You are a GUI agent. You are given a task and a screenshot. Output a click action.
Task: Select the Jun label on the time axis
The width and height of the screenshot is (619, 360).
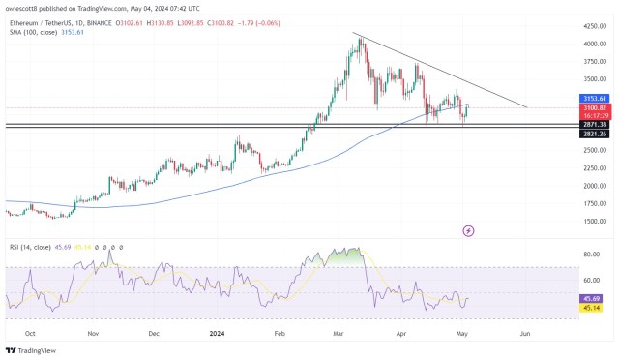click(525, 331)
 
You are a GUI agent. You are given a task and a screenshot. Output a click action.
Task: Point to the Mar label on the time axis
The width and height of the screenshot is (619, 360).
click(339, 331)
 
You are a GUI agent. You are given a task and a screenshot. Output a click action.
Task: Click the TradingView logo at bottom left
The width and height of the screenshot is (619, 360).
click(30, 350)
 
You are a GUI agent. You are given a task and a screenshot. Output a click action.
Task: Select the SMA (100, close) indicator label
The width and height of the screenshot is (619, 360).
click(32, 32)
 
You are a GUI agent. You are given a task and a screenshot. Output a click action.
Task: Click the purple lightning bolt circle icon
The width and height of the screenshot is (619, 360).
click(468, 230)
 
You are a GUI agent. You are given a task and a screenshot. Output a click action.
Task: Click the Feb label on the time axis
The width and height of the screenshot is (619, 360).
click(279, 331)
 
